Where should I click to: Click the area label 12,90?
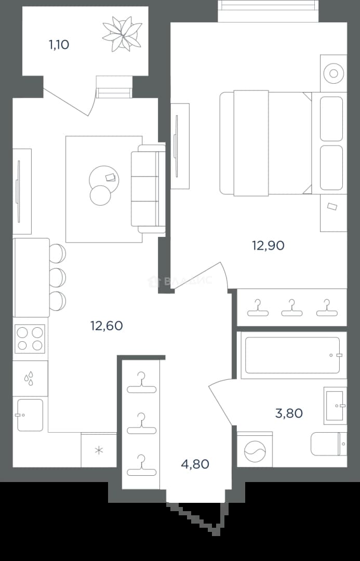coord(269,246)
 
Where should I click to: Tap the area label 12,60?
coord(106,326)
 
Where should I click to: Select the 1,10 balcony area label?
coord(59,45)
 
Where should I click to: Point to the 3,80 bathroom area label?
coord(289,413)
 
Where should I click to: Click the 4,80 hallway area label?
coord(195,464)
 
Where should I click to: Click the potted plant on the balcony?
coord(122,34)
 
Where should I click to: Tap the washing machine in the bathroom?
coord(255,450)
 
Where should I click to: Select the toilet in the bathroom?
coord(329,444)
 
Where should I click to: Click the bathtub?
coord(292,355)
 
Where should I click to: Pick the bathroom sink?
coord(335,406)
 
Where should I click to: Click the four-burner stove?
coord(30,339)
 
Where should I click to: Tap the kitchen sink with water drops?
coord(30,378)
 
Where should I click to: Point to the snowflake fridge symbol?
coord(99,450)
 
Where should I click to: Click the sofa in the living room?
coord(148,189)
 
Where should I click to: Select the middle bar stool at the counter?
coord(58,277)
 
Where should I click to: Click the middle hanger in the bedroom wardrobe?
coord(291,308)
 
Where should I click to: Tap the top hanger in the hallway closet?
coord(142,382)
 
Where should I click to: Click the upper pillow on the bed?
coord(331,119)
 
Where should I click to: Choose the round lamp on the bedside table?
coord(334,74)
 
